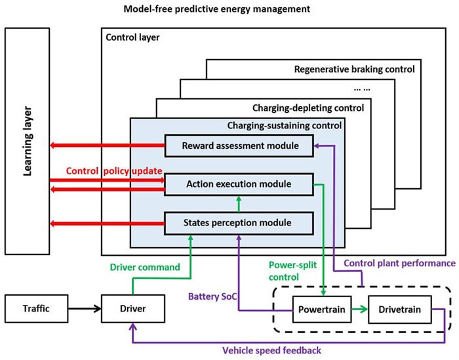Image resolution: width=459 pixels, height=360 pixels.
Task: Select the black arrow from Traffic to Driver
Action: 85,308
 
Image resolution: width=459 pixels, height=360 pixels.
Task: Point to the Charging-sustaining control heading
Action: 284,124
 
